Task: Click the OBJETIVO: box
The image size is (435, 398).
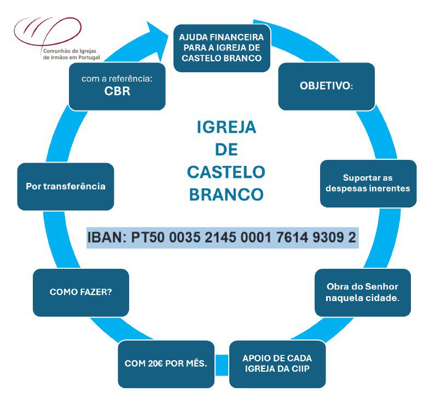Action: pyautogui.click(x=327, y=86)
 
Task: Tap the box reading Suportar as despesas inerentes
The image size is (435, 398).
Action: pyautogui.click(x=368, y=183)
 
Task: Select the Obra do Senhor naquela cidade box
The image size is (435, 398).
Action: pyautogui.click(x=363, y=292)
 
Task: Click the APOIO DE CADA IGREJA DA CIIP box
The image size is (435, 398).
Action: pyautogui.click(x=277, y=364)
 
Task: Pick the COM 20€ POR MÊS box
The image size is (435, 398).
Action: pyautogui.click(x=166, y=364)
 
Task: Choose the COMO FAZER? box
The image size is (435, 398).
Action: pyautogui.click(x=81, y=292)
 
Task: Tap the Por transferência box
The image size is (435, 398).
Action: pyautogui.click(x=66, y=187)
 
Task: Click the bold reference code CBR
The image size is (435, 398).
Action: pyautogui.click(x=117, y=91)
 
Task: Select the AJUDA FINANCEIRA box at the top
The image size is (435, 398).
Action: pyautogui.click(x=222, y=48)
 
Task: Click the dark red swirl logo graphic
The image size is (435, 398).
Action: pyautogui.click(x=48, y=31)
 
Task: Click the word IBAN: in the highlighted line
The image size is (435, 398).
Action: pyautogui.click(x=107, y=238)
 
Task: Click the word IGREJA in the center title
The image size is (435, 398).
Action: pyautogui.click(x=227, y=128)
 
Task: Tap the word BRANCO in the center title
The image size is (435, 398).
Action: pyautogui.click(x=227, y=194)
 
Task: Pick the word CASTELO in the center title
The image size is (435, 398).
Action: pyautogui.click(x=227, y=172)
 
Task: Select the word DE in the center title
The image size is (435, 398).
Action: pyautogui.click(x=227, y=150)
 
